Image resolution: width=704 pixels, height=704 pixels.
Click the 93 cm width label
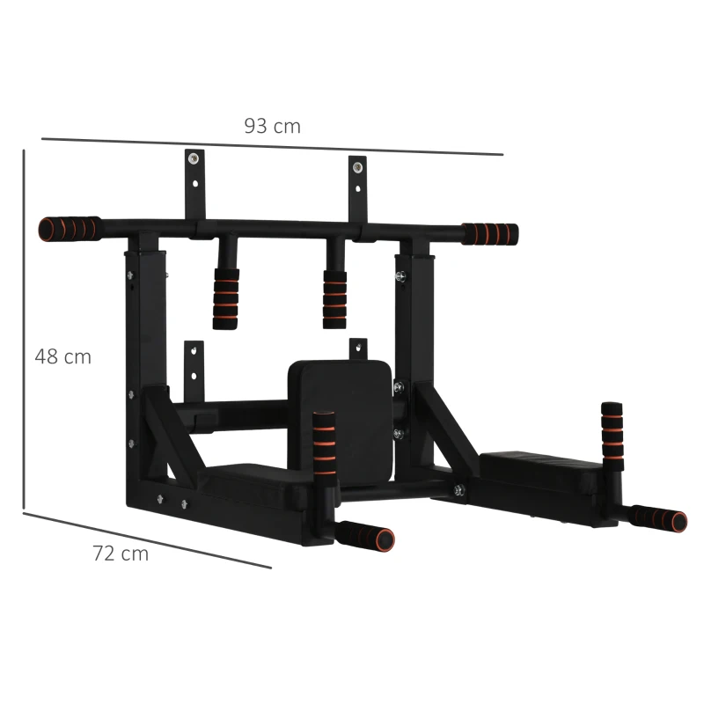pyautogui.click(x=273, y=126)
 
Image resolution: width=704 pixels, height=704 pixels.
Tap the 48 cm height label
pyautogui.click(x=63, y=357)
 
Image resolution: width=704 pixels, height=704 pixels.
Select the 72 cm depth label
pyautogui.click(x=121, y=554)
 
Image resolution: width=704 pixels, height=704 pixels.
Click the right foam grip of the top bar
pyautogui.click(x=490, y=234)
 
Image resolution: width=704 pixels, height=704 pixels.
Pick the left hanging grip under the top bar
pyautogui.click(x=225, y=297)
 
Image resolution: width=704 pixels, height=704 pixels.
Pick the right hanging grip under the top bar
pyautogui.click(x=334, y=298)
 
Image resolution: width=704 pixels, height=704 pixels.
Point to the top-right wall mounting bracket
pyautogui.click(x=356, y=187)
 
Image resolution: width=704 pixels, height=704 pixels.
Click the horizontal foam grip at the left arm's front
pyautogui.click(x=366, y=535)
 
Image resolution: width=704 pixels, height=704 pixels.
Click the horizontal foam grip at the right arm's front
pyautogui.click(x=659, y=517)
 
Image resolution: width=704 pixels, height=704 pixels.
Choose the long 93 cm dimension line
pyautogui.click(x=272, y=146)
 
